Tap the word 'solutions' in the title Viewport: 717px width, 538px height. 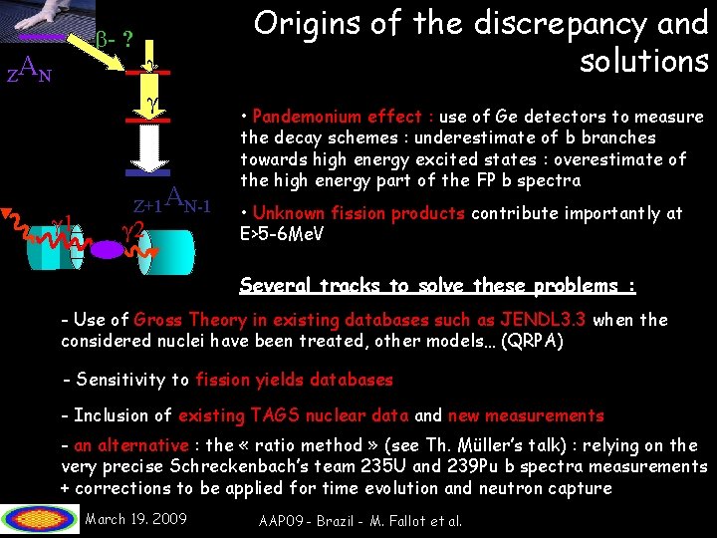pyautogui.click(x=643, y=62)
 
